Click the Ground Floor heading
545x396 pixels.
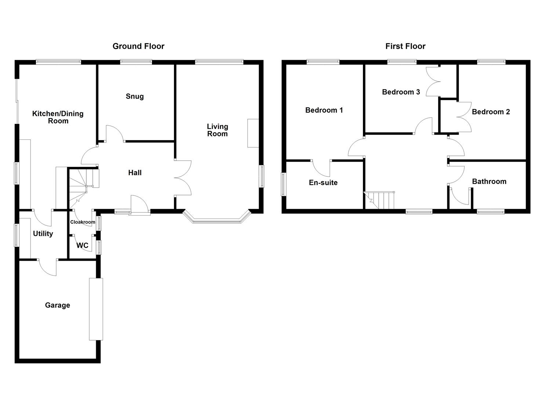click(138, 46)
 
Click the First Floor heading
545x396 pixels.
click(405, 46)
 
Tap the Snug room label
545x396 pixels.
click(135, 96)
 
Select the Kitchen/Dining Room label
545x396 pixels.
click(58, 117)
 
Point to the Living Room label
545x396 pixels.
click(218, 130)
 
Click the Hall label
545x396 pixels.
click(135, 173)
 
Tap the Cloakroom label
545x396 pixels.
click(83, 222)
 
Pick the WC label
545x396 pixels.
click(82, 245)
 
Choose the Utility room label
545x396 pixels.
click(43, 234)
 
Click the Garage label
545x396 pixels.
click(58, 305)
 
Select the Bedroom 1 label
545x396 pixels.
click(324, 110)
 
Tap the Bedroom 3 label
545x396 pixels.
click(401, 92)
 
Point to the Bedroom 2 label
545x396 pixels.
click(491, 112)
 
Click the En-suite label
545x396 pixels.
click(323, 183)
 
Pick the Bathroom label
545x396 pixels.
click(489, 181)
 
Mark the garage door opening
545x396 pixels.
click(96, 309)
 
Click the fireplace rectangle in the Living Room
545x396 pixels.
click(253, 133)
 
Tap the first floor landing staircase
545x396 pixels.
click(379, 200)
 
